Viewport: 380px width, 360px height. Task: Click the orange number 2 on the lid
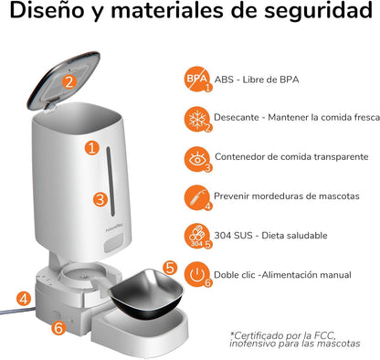[69, 81]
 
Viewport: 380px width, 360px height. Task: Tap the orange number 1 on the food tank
[92, 148]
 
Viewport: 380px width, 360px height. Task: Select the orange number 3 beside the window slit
[100, 200]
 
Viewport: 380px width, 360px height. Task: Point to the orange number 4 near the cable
[24, 299]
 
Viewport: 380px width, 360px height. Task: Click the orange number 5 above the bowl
[170, 268]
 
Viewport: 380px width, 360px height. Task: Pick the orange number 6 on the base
[58, 328]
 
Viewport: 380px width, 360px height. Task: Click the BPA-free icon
[197, 79]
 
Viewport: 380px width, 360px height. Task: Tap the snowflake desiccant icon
[197, 119]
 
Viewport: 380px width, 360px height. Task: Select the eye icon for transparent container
[197, 159]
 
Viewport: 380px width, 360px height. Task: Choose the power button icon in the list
[197, 274]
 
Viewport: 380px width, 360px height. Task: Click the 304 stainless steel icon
[197, 237]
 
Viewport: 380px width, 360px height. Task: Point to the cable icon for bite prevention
[197, 197]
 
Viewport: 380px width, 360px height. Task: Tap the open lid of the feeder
[64, 80]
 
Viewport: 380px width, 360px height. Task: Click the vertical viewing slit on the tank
[111, 182]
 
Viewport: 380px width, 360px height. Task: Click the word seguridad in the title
[318, 11]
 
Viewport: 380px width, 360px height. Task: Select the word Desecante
[237, 117]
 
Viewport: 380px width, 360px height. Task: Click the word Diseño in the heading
[47, 10]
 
